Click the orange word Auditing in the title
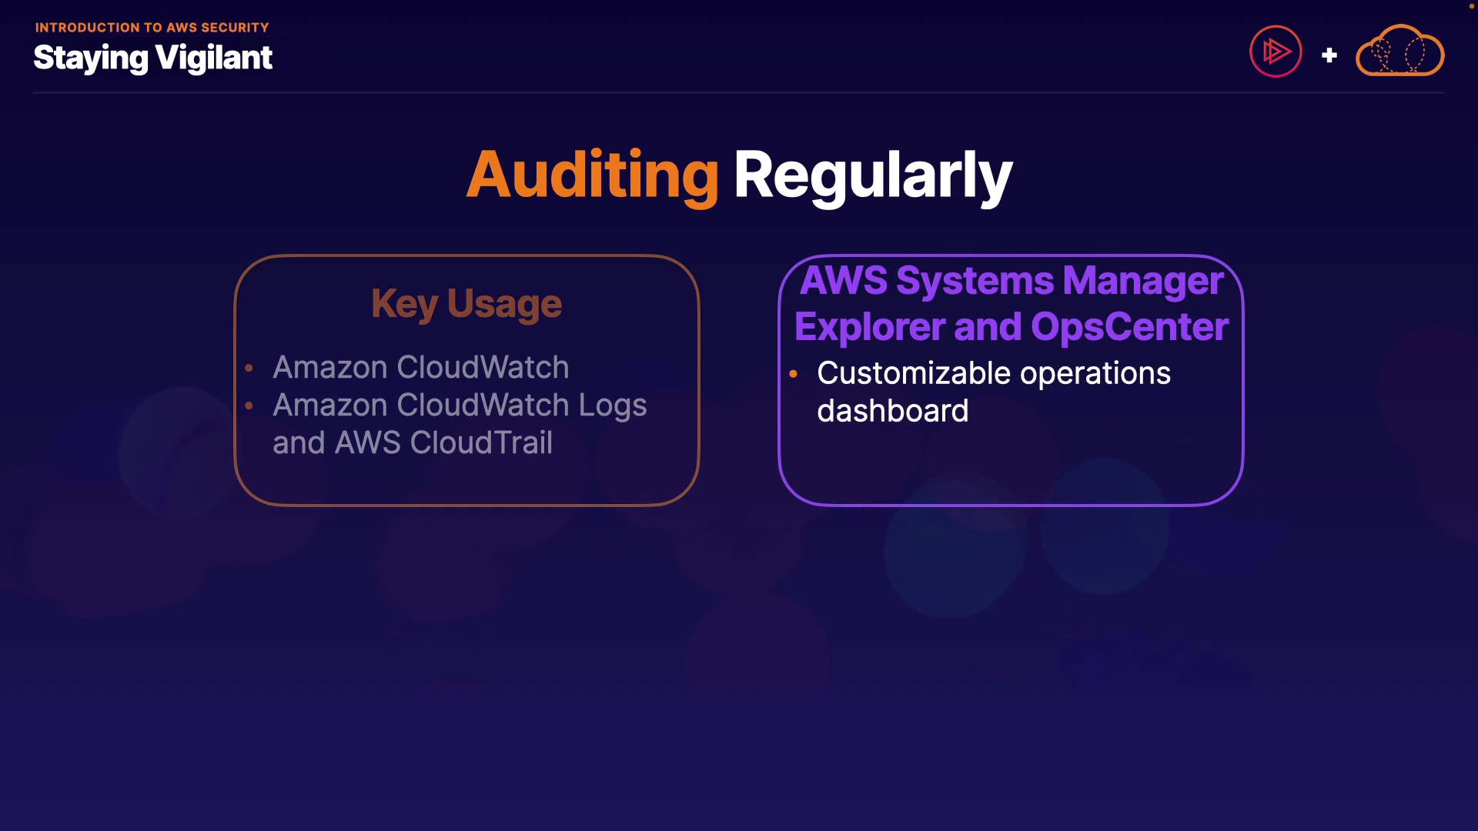[x=592, y=175]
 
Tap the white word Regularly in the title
[x=872, y=175]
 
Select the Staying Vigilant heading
[x=152, y=58]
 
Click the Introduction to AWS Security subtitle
[x=152, y=28]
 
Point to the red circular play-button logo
[x=1276, y=52]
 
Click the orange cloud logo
[x=1399, y=51]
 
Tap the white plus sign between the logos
[x=1329, y=55]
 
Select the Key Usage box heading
[x=466, y=303]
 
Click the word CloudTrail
[x=481, y=442]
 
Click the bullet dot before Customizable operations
[x=793, y=374]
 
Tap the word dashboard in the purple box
[x=892, y=411]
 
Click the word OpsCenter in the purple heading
[x=1129, y=327]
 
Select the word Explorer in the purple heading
[x=869, y=327]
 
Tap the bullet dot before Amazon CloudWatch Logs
[x=249, y=405]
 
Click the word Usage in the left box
[x=504, y=303]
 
